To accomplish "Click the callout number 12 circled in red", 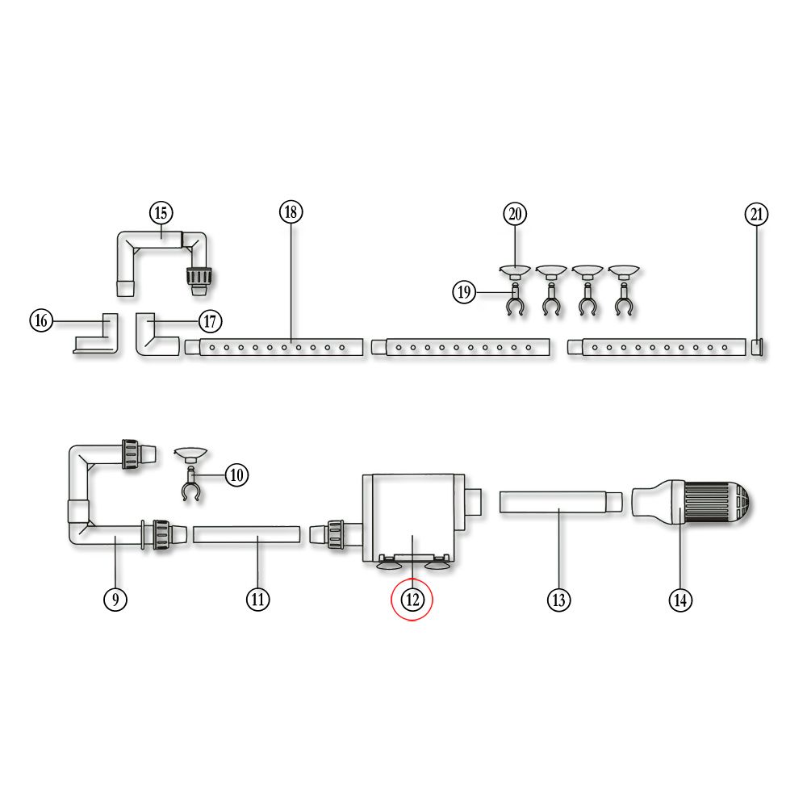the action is [412, 600].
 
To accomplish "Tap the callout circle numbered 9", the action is [115, 599].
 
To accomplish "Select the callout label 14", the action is [680, 600].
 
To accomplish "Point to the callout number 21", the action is [757, 214].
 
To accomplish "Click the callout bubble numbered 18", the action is [291, 212].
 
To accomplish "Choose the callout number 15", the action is [161, 212].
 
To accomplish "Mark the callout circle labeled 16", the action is [41, 320].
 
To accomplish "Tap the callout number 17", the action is [210, 322].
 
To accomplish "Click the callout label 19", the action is [464, 292].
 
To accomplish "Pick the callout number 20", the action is [515, 214].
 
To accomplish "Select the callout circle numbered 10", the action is [236, 475].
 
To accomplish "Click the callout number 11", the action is [258, 599].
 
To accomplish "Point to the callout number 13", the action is [559, 600].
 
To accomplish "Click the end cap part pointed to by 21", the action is [757, 347].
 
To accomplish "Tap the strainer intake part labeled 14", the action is [691, 502].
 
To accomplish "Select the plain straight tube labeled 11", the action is [246, 534].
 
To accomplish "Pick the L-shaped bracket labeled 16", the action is [97, 333].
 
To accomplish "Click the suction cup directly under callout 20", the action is [515, 272].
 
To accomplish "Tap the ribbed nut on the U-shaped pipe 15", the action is [199, 276].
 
